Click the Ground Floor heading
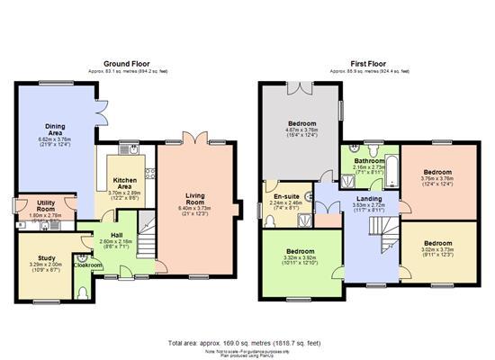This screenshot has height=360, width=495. click(x=127, y=65)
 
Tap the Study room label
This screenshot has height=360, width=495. click(x=46, y=258)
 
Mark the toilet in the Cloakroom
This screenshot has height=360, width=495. click(x=83, y=291)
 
